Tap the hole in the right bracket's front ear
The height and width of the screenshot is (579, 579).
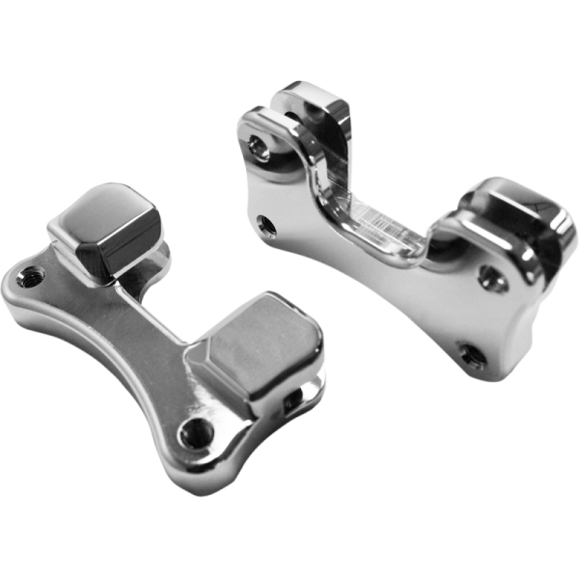point(257,146)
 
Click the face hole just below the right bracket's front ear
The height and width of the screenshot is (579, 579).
point(268,228)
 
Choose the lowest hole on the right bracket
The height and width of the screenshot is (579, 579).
point(473,354)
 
